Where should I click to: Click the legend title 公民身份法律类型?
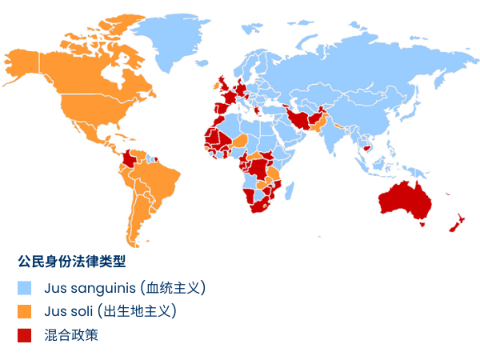[x=72, y=261]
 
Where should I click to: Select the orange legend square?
[x=25, y=311]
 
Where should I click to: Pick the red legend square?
[x=25, y=335]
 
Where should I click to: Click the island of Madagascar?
[x=290, y=191]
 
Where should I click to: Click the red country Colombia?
[x=128, y=161]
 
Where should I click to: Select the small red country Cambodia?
[x=368, y=147]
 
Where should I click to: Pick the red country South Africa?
[x=258, y=205]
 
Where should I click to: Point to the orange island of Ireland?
[x=214, y=82]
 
